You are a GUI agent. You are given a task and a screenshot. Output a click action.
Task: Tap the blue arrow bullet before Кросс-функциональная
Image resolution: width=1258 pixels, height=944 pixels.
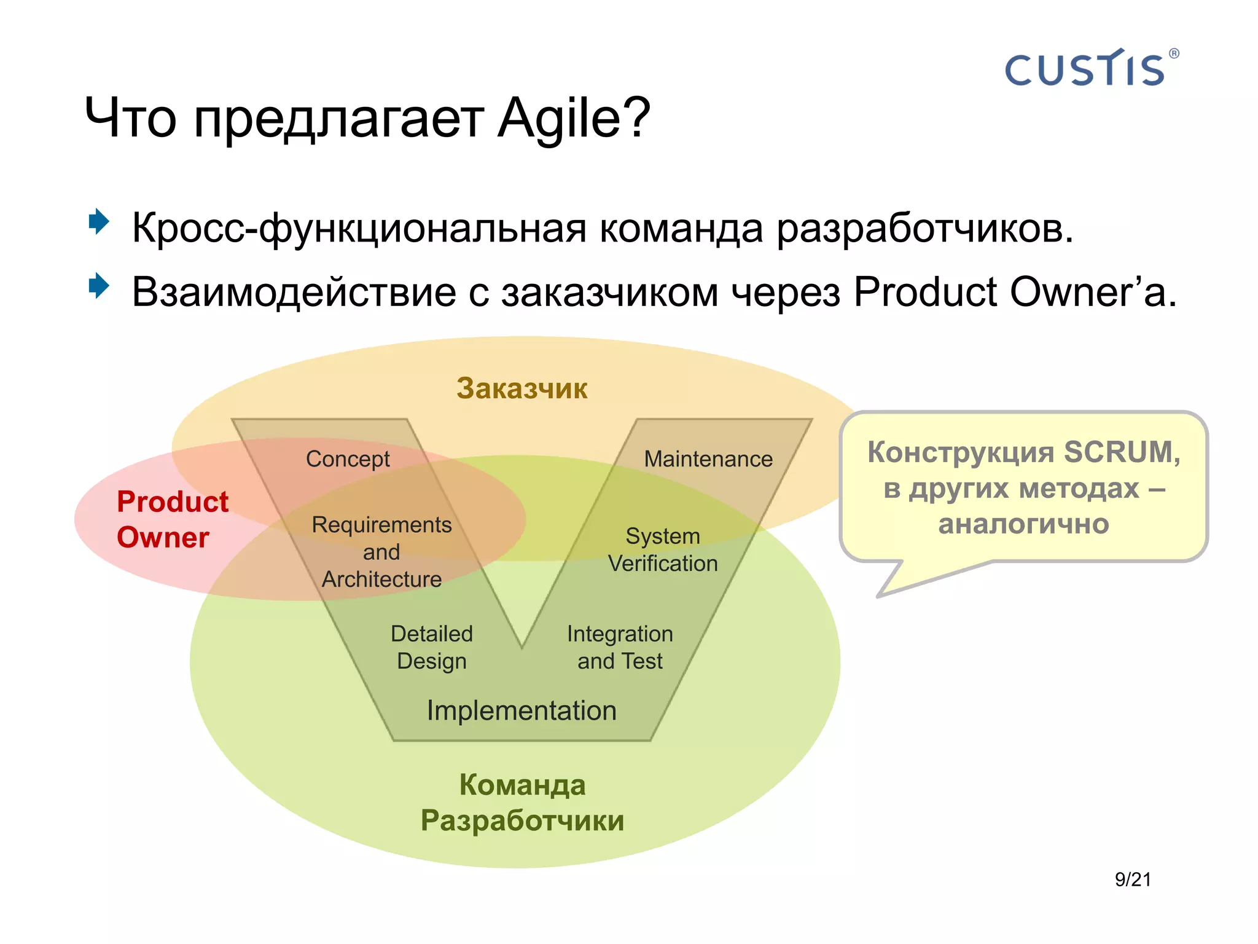98,221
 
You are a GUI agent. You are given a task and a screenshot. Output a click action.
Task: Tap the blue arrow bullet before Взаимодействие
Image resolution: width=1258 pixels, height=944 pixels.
98,286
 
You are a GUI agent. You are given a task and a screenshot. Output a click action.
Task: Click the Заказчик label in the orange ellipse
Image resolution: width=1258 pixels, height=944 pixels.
522,388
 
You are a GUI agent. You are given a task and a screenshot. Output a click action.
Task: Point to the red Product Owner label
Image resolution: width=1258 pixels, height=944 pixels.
172,519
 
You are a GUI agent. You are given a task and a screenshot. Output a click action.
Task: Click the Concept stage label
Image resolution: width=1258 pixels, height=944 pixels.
348,459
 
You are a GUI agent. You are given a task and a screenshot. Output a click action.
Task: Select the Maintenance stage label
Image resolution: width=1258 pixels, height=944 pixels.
708,459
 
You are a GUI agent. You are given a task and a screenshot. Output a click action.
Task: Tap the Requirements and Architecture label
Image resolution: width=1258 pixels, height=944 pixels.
381,551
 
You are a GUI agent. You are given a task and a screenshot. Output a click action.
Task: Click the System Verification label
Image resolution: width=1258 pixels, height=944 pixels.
663,549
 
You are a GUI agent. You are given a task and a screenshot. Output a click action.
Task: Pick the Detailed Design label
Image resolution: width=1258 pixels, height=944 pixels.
432,647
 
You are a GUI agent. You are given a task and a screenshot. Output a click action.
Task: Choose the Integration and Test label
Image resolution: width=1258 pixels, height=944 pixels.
620,647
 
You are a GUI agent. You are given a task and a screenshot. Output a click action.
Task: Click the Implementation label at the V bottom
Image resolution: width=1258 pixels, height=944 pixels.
522,710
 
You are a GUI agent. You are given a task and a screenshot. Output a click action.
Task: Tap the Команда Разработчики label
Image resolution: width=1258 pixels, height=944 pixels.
522,802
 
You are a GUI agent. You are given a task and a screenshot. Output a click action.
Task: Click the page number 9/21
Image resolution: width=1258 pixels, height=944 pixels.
1133,879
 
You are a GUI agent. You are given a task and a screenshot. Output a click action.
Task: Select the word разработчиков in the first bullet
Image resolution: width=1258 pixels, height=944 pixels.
924,229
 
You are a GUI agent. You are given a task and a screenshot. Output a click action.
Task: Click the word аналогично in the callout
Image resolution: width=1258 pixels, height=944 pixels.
1023,524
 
